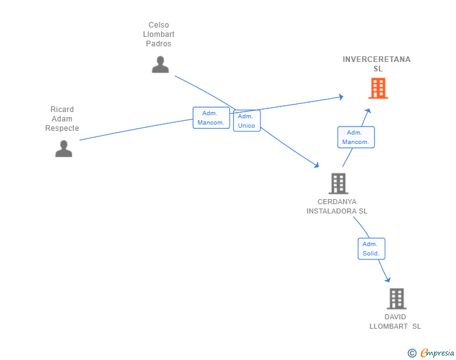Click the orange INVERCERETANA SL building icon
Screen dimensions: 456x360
(378, 88)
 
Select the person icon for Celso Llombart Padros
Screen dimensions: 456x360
(160, 64)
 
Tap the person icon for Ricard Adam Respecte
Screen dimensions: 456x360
(64, 148)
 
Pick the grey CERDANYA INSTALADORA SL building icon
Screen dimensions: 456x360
(338, 183)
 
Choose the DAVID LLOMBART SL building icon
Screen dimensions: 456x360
(396, 299)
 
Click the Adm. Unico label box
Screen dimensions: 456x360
(247, 121)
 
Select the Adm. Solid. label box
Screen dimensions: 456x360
(371, 249)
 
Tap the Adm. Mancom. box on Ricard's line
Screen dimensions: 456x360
(211, 118)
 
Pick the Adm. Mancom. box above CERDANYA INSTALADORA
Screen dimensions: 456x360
(356, 137)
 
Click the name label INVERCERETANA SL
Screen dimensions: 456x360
(376, 64)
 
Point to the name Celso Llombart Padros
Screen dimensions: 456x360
(158, 34)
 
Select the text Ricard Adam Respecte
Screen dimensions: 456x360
(62, 118)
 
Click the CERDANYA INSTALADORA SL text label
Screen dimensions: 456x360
(337, 206)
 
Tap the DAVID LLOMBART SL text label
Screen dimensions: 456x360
(395, 322)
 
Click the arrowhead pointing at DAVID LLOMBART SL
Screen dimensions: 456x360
(388, 280)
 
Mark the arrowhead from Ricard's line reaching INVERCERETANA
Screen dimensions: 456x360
(341, 97)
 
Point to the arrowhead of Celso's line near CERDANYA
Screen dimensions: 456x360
(316, 165)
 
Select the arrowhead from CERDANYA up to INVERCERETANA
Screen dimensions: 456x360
(368, 111)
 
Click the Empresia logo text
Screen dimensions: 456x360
(437, 353)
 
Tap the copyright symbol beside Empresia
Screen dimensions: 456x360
(412, 353)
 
